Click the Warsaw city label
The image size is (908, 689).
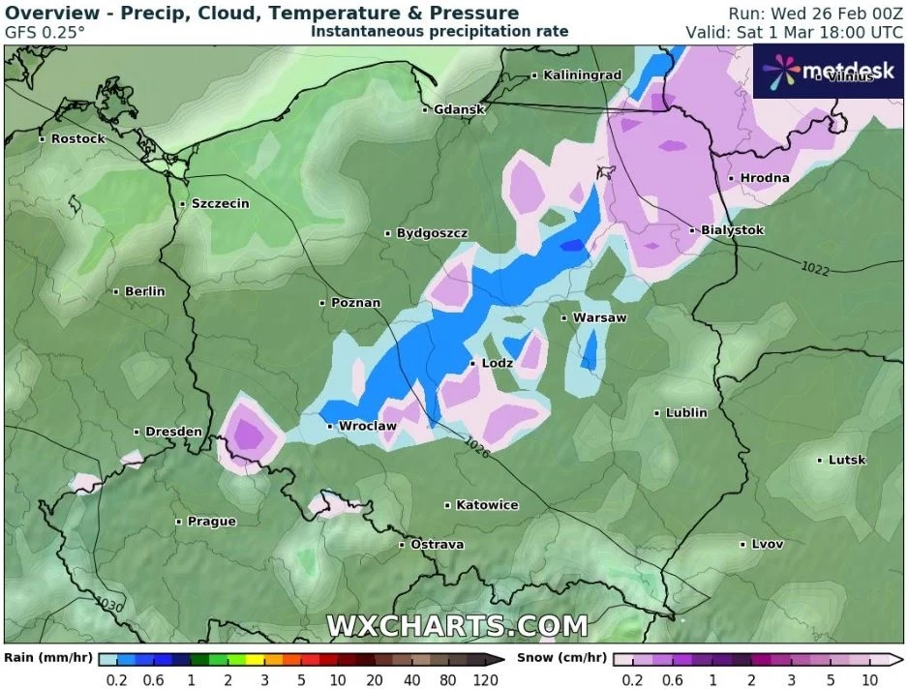(x=599, y=317)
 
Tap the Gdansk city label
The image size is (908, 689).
(x=459, y=109)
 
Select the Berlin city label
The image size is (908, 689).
(x=144, y=291)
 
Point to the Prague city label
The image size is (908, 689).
(x=211, y=522)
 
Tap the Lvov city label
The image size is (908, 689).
(x=767, y=544)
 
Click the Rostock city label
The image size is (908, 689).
(x=77, y=139)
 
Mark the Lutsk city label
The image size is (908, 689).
(x=847, y=460)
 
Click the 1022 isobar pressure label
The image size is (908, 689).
(x=815, y=269)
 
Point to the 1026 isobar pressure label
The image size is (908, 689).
(x=476, y=447)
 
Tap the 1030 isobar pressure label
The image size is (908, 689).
(x=109, y=604)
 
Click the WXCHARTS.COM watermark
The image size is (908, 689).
(x=456, y=626)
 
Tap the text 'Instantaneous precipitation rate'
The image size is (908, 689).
(x=439, y=32)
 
